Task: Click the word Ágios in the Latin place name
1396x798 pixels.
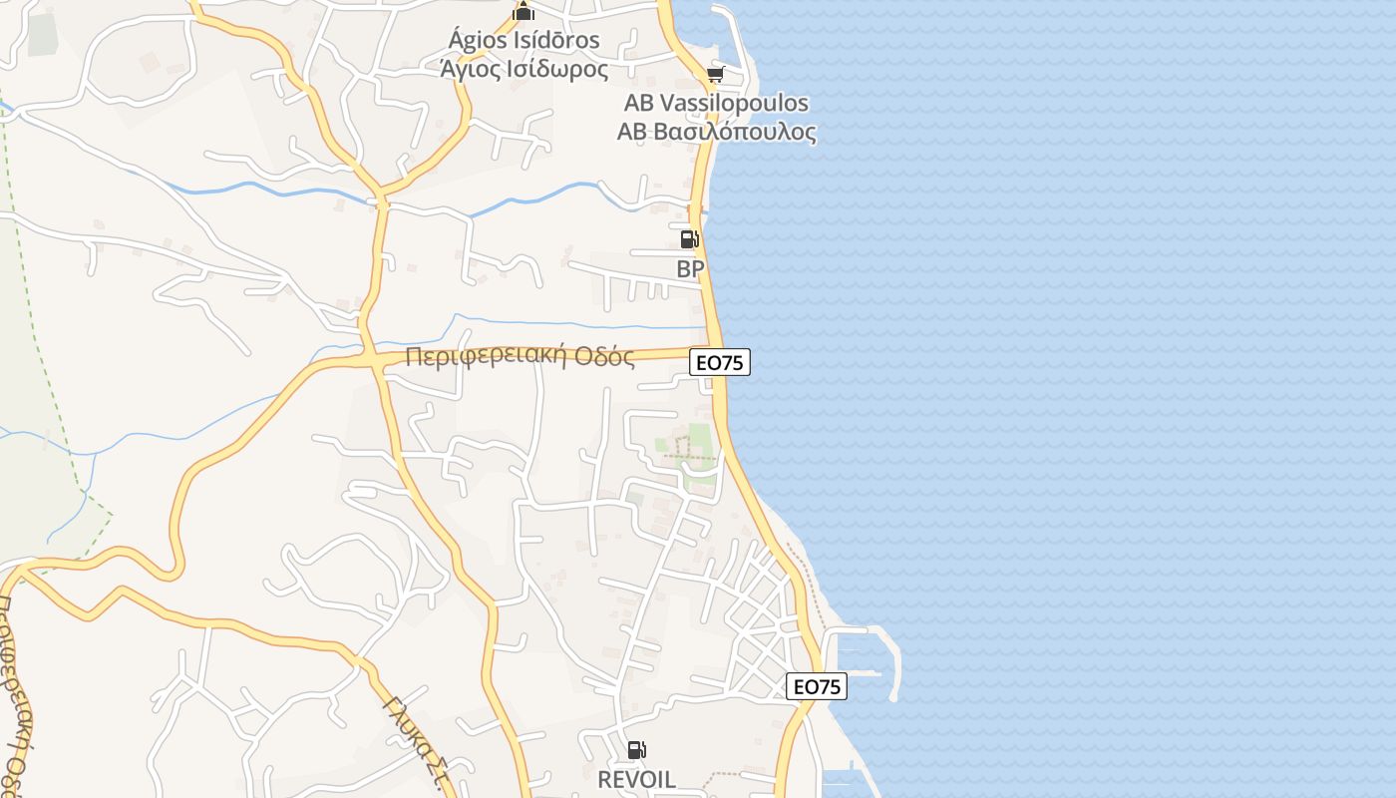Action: coord(481,41)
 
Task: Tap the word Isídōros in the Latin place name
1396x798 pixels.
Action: coord(558,41)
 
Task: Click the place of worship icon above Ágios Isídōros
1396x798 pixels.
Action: coord(523,12)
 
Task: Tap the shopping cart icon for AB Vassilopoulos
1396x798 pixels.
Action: coord(715,75)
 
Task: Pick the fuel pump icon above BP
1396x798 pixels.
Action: coord(689,239)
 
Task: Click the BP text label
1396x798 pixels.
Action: coord(690,269)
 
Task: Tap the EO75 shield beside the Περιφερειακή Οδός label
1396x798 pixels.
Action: coord(720,363)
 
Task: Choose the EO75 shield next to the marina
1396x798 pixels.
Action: coord(817,686)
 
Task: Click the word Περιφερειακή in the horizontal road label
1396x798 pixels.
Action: coord(487,357)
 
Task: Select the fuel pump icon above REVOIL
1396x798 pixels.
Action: coord(636,750)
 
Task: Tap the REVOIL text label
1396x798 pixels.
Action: coord(636,779)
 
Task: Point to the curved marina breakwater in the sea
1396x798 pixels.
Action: coord(889,658)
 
